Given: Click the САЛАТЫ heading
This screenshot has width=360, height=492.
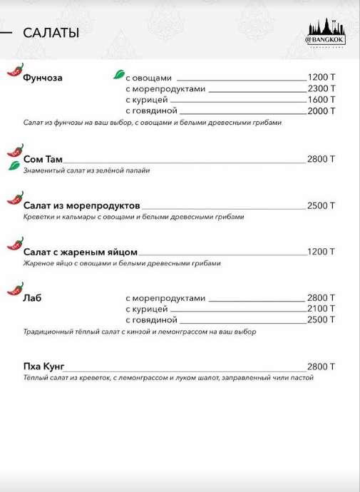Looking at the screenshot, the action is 51,34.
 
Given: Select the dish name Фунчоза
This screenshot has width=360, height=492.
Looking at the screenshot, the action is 43,78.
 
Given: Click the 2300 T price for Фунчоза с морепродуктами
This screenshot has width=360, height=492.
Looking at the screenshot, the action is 321,89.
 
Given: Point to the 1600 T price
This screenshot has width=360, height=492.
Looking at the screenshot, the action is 321,100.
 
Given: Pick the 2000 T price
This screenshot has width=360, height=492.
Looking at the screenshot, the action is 321,111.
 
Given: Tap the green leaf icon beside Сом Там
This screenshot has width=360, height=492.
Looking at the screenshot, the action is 14,165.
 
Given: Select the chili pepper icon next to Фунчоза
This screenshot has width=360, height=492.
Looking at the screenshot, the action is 14,70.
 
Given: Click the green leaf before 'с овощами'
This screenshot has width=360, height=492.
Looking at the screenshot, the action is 118,75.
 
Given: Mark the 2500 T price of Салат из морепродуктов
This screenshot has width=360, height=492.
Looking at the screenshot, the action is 321,205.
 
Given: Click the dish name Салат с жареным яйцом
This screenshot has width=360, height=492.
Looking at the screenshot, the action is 80,252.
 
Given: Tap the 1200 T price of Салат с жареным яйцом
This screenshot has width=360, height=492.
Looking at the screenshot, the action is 321,252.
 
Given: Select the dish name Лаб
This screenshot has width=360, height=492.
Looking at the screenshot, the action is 32,298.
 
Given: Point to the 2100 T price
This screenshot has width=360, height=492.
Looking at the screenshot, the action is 321,309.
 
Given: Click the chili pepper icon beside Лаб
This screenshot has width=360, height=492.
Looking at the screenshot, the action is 14,289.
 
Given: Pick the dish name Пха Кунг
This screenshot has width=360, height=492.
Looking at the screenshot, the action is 44,367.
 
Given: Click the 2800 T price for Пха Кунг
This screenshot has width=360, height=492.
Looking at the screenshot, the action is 321,367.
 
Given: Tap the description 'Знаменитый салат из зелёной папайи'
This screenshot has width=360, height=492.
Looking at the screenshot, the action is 86,170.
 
